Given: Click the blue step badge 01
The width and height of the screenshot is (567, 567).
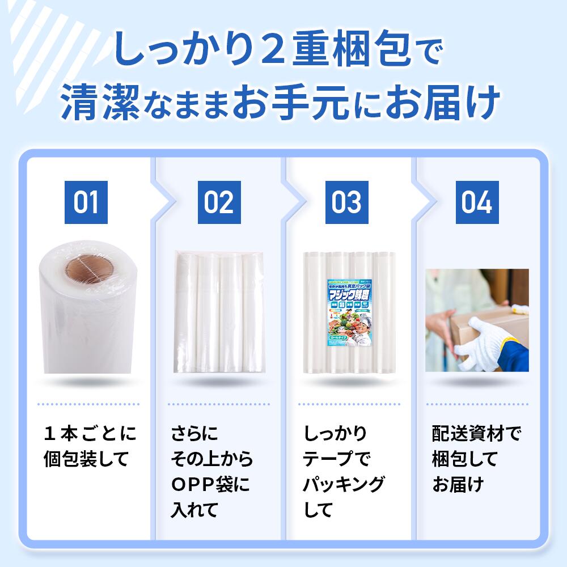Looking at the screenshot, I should tap(86, 202).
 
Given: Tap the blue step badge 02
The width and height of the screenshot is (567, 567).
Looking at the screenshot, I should tap(219, 202).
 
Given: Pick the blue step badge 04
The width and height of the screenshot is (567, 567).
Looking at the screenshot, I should tap(477, 202).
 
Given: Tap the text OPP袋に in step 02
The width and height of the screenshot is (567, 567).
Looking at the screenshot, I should tap(210, 485).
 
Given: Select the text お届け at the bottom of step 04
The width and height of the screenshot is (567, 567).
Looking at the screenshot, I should tap(458, 485).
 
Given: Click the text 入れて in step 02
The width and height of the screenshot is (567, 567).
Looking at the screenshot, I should tap(194, 510).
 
